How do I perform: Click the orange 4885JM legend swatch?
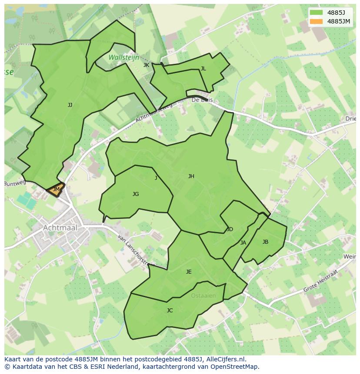[x=317, y=21]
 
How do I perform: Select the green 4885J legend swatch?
[x=317, y=13]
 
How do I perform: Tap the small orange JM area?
[x=56, y=190]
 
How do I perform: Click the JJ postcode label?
[x=70, y=105]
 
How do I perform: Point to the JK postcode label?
[x=146, y=65]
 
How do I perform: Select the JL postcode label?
[x=203, y=69]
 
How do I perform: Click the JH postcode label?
[x=191, y=176]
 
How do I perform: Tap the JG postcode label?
[x=136, y=194]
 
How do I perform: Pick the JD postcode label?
[x=230, y=229]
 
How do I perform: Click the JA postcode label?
[x=243, y=243]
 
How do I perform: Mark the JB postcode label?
[x=265, y=242]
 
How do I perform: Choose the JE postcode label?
[x=189, y=272]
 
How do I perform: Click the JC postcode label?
[x=170, y=311]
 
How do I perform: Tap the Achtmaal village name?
[x=60, y=228]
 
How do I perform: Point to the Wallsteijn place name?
[x=124, y=57]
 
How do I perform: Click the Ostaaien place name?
[x=203, y=296]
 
